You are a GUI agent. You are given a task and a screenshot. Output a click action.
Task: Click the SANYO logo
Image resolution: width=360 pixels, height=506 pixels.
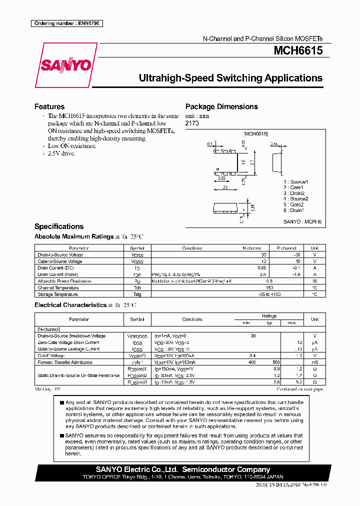point(65,65)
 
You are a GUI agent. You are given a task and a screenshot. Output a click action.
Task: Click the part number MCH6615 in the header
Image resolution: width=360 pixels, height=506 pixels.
point(297,50)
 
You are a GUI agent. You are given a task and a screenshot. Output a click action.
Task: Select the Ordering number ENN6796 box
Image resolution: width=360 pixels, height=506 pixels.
point(66,23)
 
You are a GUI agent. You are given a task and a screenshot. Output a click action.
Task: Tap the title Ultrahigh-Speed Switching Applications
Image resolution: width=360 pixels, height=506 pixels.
point(230,78)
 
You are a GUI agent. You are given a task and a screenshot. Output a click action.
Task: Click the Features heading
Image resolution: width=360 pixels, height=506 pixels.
point(49,106)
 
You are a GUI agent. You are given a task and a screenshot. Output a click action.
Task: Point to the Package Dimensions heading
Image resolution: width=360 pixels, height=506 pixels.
point(221,106)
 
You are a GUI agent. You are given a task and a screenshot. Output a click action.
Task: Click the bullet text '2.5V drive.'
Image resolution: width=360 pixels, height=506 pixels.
point(61,153)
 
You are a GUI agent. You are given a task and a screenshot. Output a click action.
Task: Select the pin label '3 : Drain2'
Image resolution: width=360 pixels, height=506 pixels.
point(294,193)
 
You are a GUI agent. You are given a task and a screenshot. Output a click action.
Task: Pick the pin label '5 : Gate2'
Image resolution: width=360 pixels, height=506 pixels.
point(294,204)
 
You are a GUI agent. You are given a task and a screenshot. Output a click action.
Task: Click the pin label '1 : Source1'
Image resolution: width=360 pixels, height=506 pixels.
point(295,181)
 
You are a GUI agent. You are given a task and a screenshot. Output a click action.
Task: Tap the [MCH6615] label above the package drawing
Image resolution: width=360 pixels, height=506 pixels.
point(255,134)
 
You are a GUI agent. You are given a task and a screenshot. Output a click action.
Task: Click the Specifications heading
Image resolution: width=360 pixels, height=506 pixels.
point(59,226)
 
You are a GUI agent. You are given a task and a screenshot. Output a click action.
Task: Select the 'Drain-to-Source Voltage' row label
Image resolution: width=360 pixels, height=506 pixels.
point(60,255)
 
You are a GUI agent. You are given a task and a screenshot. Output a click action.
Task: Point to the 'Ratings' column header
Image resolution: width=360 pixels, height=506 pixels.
point(269,316)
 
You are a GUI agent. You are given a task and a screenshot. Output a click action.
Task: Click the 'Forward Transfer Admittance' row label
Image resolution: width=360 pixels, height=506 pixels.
point(65,362)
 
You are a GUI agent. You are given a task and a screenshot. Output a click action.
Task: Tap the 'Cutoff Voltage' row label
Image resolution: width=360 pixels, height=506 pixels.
point(52,355)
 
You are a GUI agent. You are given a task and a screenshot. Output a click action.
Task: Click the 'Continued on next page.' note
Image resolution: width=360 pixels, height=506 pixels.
point(300,388)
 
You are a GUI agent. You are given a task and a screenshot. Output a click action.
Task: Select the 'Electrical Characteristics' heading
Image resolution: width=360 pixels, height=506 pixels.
point(70,305)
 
